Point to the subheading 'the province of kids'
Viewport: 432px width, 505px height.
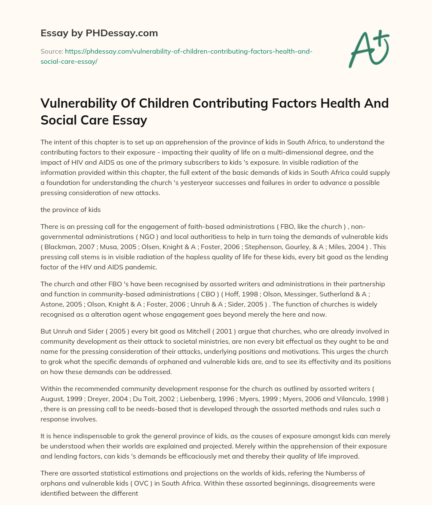tap(70, 209)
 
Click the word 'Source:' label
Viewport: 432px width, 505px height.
tap(51, 52)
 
